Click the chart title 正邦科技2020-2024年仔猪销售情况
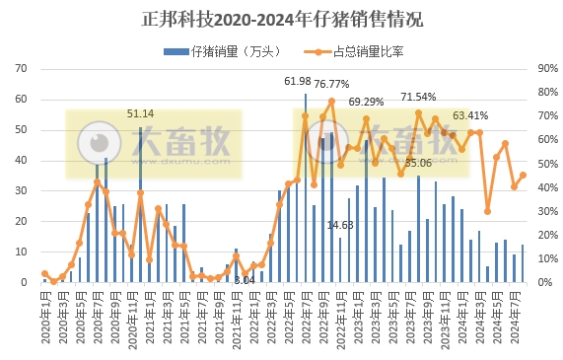coord(282,20)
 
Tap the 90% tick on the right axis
coord(546,68)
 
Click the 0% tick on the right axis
coord(543,282)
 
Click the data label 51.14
coord(140,114)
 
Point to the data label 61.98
coord(298,81)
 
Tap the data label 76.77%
coord(332,84)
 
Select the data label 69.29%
coord(366,102)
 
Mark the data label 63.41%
coord(470,115)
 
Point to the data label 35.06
coord(418,162)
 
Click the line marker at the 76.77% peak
coord(331,101)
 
